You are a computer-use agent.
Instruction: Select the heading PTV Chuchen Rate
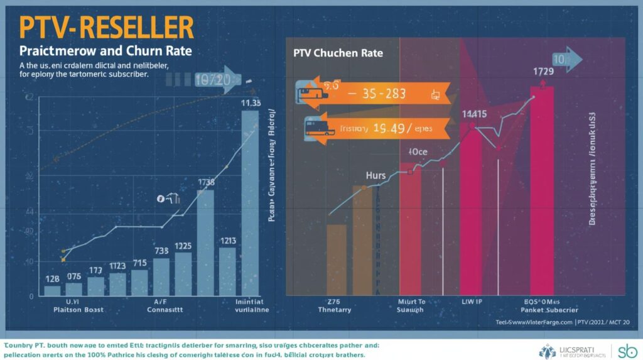pyautogui.click(x=338, y=53)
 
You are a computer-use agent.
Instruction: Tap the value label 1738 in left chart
pyautogui.click(x=205, y=182)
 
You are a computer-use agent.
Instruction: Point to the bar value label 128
pyautogui.click(x=53, y=278)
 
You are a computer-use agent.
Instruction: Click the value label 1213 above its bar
pyautogui.click(x=227, y=240)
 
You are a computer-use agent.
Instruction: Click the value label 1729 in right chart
pyautogui.click(x=543, y=72)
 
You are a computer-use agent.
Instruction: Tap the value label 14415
pyautogui.click(x=475, y=114)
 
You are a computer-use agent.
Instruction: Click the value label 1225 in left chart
pyautogui.click(x=183, y=246)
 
